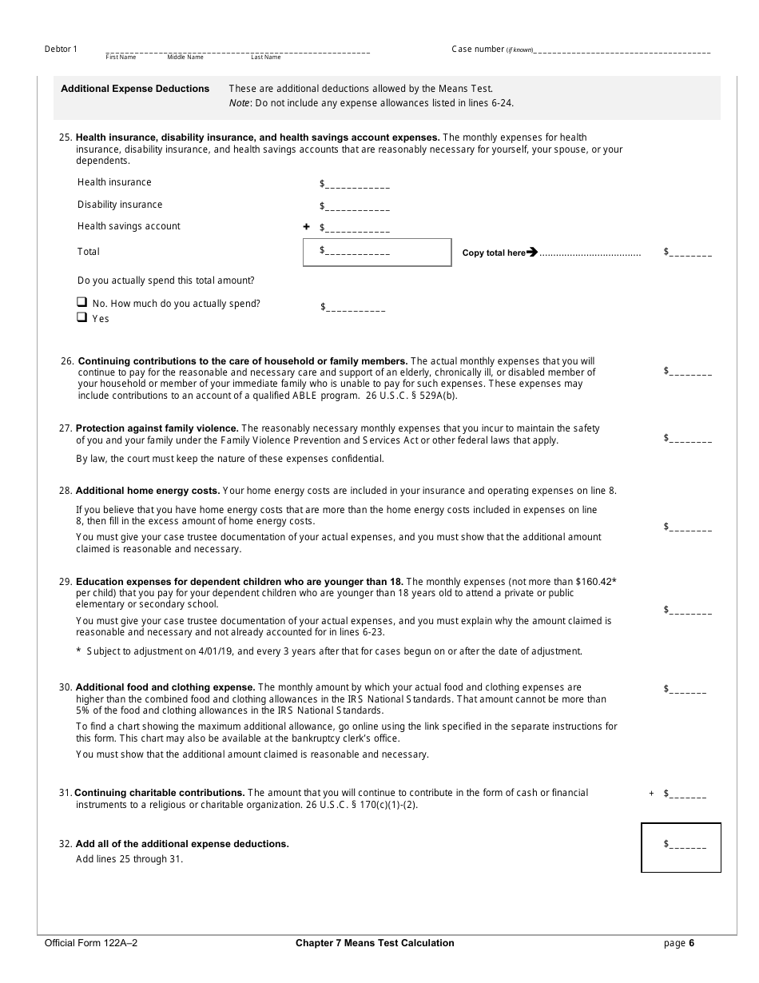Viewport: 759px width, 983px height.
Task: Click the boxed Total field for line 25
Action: [x=377, y=252]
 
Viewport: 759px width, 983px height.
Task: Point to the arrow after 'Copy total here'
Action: [x=532, y=253]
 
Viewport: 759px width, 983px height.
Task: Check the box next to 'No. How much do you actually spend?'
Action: [x=81, y=303]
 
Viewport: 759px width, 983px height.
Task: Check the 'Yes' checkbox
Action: [x=81, y=317]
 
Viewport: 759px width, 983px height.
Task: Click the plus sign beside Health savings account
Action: [x=306, y=227]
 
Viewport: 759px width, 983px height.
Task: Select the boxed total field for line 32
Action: [x=681, y=847]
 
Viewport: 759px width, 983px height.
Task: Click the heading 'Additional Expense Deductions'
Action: [x=135, y=89]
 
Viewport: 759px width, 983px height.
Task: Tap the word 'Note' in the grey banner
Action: [x=240, y=103]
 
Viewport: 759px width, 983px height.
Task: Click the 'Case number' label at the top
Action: [x=478, y=50]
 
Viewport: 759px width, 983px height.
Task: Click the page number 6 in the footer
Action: [x=692, y=943]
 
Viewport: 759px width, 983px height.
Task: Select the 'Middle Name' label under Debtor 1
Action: [x=185, y=58]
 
